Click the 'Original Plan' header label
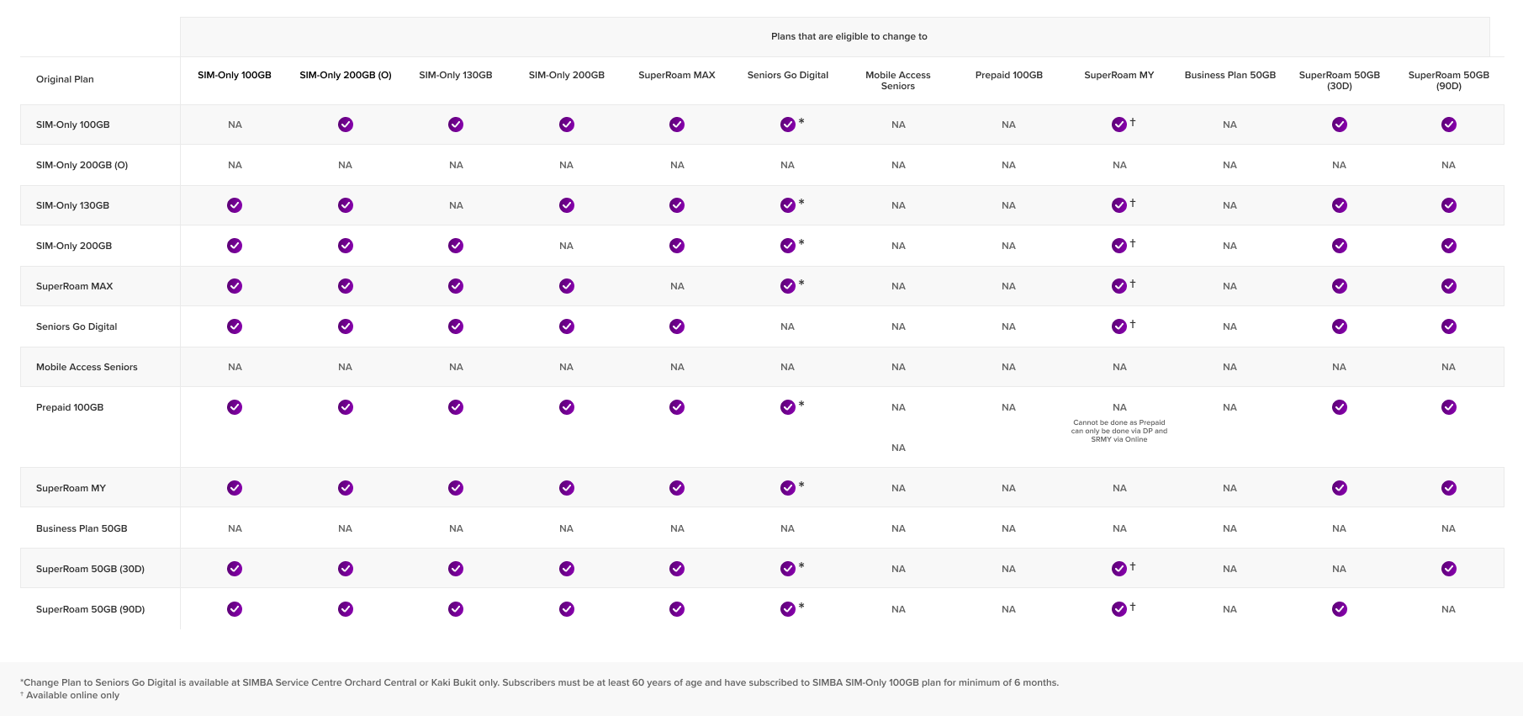pyautogui.click(x=65, y=79)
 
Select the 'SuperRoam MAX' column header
pyautogui.click(x=676, y=75)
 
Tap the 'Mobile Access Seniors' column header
pyautogui.click(x=897, y=80)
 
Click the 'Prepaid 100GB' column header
pyautogui.click(x=1008, y=75)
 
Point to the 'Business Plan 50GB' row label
pyautogui.click(x=82, y=528)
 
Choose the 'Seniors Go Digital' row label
pyautogui.click(x=77, y=326)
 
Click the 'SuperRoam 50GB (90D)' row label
pyautogui.click(x=90, y=609)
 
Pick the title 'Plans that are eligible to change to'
pyautogui.click(x=849, y=36)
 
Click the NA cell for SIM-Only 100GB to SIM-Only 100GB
pyautogui.click(x=235, y=125)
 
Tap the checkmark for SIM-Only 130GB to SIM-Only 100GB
pyautogui.click(x=235, y=205)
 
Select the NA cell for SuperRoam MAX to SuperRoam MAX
pyautogui.click(x=677, y=286)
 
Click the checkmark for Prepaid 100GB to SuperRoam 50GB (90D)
pyautogui.click(x=1448, y=407)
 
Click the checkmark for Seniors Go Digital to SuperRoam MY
pyautogui.click(x=1118, y=326)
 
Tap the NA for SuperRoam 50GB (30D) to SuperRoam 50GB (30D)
pyautogui.click(x=1339, y=569)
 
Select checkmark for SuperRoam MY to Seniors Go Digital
pyautogui.click(x=787, y=488)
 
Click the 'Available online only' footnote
pyautogui.click(x=72, y=695)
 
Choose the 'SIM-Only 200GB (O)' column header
pyautogui.click(x=345, y=75)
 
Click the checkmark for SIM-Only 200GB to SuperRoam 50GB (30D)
pyautogui.click(x=1339, y=246)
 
